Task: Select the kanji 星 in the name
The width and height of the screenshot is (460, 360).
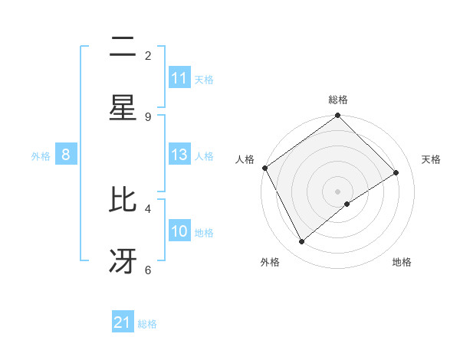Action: point(123,107)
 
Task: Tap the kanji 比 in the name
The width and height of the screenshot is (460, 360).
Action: point(123,201)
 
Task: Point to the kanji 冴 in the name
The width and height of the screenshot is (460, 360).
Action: point(123,261)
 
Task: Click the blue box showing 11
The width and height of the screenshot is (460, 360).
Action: point(179,78)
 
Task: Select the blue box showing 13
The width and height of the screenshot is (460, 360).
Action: point(179,155)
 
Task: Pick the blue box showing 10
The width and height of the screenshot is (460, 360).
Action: point(179,231)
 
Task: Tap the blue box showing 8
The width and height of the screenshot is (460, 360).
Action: point(66,155)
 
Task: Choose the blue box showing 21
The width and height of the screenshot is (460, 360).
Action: point(123,323)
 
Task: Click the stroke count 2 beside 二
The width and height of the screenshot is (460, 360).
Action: point(148,55)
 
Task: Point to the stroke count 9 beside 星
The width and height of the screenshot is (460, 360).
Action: point(148,116)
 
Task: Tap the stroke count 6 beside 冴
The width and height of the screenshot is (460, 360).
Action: point(148,270)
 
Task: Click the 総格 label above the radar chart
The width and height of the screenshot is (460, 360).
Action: point(338,100)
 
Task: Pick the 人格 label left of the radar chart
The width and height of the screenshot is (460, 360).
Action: point(245,159)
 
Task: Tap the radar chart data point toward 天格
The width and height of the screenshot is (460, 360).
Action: point(396,172)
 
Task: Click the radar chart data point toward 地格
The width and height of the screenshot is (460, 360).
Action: point(347,204)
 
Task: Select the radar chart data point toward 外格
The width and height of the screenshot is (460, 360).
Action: point(302,241)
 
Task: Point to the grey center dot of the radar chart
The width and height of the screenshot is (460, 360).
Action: point(338,191)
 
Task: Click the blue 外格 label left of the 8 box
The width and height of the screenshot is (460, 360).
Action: point(41,156)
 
